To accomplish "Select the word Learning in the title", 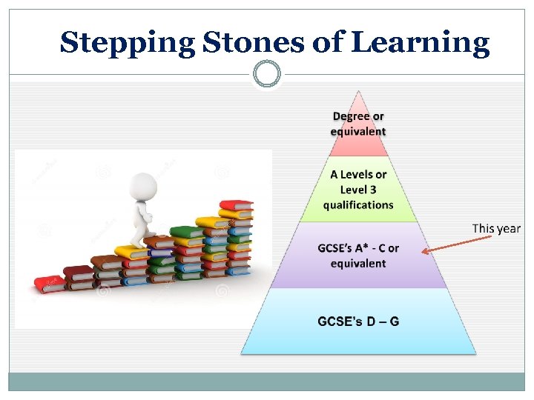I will pos(421,43).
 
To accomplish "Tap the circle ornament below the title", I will pos(267,74).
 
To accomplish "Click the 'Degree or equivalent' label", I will pos(358,124).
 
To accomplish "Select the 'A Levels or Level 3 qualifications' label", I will pos(358,190).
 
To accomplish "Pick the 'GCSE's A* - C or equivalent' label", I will pos(358,256).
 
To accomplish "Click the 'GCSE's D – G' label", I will pos(358,321).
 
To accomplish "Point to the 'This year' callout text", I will pos(496,228).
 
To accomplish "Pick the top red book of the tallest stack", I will pos(236,204).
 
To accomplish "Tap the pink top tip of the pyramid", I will pos(359,100).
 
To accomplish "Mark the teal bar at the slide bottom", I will pos(267,381).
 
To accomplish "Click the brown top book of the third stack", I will pos(105,261).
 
